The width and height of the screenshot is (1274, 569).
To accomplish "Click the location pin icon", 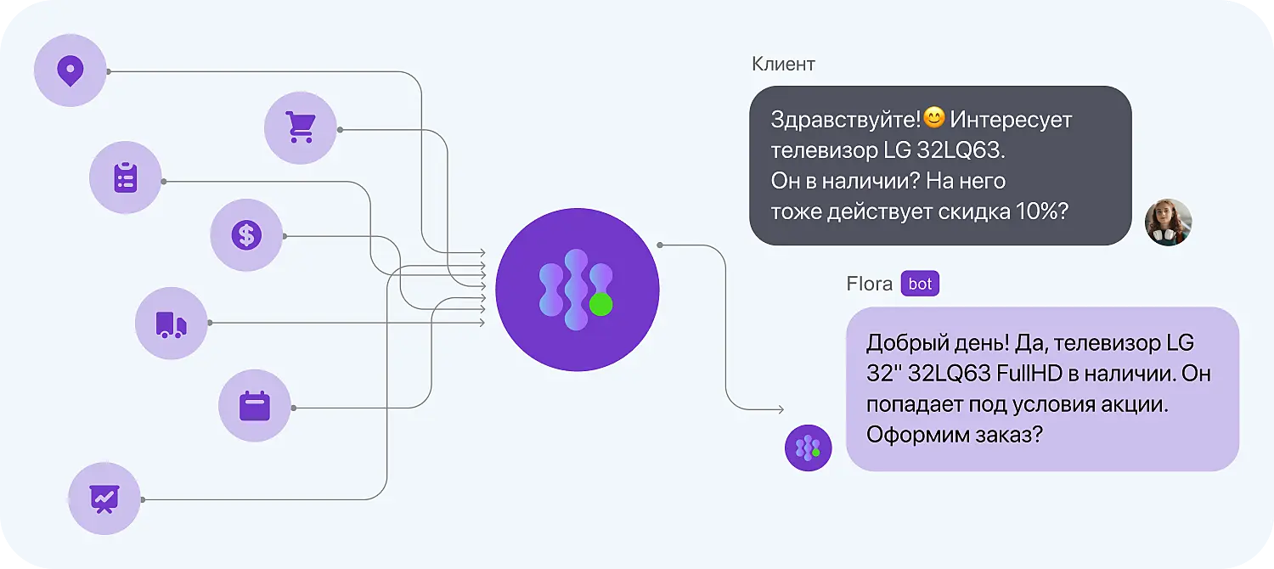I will point(70,70).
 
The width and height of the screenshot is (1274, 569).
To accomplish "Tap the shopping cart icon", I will point(300,128).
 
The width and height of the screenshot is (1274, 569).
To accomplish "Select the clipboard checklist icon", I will point(126,178).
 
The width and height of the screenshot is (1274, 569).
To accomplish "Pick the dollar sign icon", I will point(246,235).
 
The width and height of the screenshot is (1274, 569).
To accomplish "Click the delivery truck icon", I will point(171,324).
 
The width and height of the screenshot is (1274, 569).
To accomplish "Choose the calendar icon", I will point(254,406).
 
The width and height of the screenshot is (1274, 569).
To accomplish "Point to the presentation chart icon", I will point(104,499).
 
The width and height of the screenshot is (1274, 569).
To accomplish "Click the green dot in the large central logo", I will point(600,305).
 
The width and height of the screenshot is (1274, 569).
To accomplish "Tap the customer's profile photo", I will point(1168,223).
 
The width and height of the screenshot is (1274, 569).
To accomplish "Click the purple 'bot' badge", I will point(920,284).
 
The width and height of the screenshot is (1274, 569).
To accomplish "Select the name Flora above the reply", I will point(869,284).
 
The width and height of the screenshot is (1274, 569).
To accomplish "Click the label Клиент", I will point(783,65).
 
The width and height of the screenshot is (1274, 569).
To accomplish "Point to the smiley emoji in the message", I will point(934,119).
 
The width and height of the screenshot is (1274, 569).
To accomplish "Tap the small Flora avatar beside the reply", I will point(808,448).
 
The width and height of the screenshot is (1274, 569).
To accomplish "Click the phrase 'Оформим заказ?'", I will point(954,435).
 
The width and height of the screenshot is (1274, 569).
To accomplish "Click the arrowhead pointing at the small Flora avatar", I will point(780,411).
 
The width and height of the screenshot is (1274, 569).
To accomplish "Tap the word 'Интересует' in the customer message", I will point(1011,120).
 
